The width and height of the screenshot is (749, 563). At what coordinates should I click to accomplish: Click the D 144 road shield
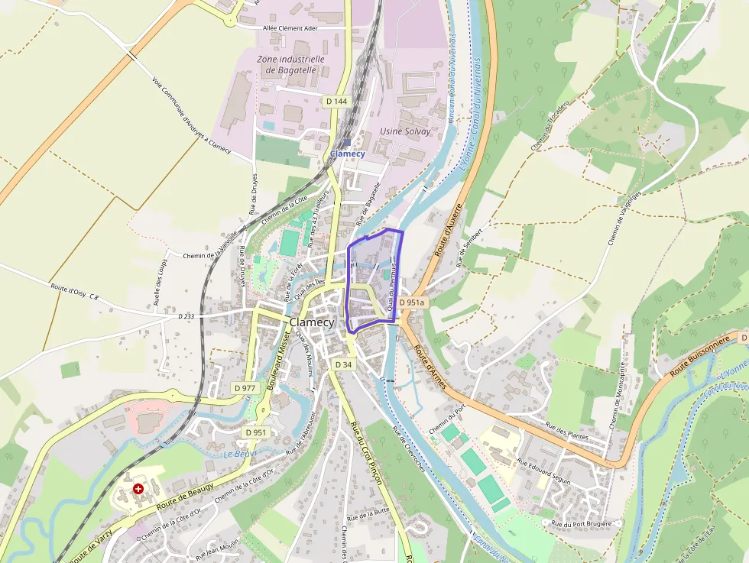coord(336,101)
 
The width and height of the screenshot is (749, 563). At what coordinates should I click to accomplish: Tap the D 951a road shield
coord(411,303)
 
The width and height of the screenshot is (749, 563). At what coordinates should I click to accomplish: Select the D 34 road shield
coord(343,364)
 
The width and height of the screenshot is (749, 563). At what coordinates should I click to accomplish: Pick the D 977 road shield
coord(245,388)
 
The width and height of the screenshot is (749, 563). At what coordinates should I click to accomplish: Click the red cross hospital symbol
coord(138,488)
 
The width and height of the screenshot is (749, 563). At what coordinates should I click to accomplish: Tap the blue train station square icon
coord(347,142)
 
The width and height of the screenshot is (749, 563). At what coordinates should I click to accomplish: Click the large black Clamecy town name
coord(312,322)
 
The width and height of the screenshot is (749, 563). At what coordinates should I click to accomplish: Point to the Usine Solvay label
coord(405,131)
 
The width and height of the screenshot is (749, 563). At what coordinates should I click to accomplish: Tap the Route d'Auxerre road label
coord(449,229)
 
